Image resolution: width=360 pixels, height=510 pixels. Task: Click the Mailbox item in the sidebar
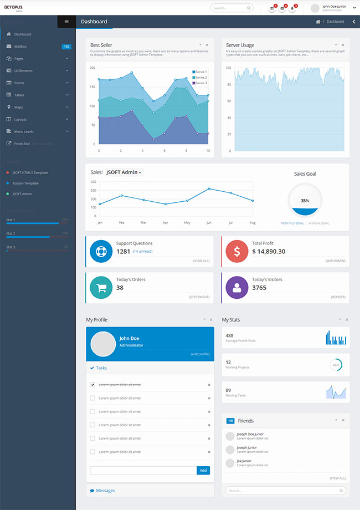tap(20, 47)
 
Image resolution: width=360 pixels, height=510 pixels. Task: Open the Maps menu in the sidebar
tap(19, 107)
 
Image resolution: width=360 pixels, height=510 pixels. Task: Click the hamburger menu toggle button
tap(66, 22)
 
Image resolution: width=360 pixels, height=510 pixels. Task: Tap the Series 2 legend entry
tap(199, 78)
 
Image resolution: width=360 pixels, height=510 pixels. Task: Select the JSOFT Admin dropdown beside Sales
tap(124, 172)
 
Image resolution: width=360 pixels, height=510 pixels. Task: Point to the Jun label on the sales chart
tap(209, 222)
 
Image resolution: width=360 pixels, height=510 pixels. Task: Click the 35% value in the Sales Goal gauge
tap(305, 201)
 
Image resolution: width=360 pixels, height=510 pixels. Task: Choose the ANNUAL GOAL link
tap(318, 223)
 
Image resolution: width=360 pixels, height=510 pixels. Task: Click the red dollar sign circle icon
tap(236, 252)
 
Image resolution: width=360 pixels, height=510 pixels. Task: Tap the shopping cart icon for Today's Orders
tap(101, 288)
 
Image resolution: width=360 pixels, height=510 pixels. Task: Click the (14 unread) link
tap(142, 252)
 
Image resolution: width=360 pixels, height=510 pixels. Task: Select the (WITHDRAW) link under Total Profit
tap(335, 261)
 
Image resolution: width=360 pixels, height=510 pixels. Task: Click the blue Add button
tap(203, 470)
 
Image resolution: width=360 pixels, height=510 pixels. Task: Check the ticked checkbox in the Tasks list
tap(92, 384)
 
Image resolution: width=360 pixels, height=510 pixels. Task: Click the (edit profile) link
tap(200, 354)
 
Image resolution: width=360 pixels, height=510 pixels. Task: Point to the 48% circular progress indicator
tap(336, 365)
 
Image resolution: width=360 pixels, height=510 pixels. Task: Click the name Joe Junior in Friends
tap(244, 461)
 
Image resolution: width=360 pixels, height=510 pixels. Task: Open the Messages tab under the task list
tap(105, 491)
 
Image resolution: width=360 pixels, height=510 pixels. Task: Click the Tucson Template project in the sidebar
tap(25, 183)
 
